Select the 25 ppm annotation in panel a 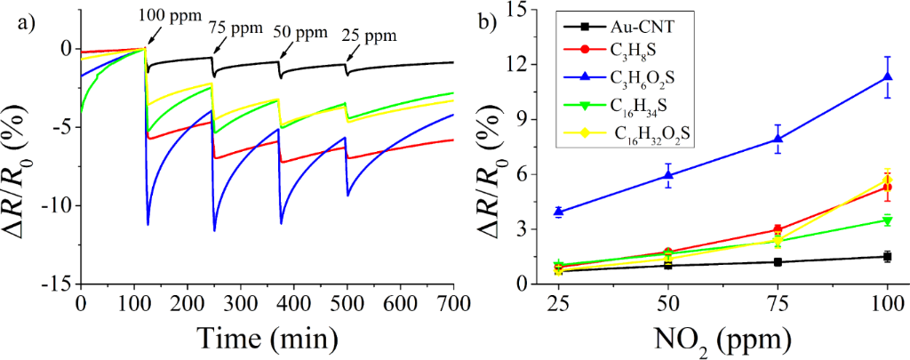pos(368,37)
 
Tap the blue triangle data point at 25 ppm pos(559,212)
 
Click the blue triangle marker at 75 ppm pos(778,139)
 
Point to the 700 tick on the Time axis pos(453,302)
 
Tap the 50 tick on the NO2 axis pos(668,302)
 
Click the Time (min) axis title pos(267,338)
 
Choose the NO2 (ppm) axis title pos(722,340)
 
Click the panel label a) pos(26,23)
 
